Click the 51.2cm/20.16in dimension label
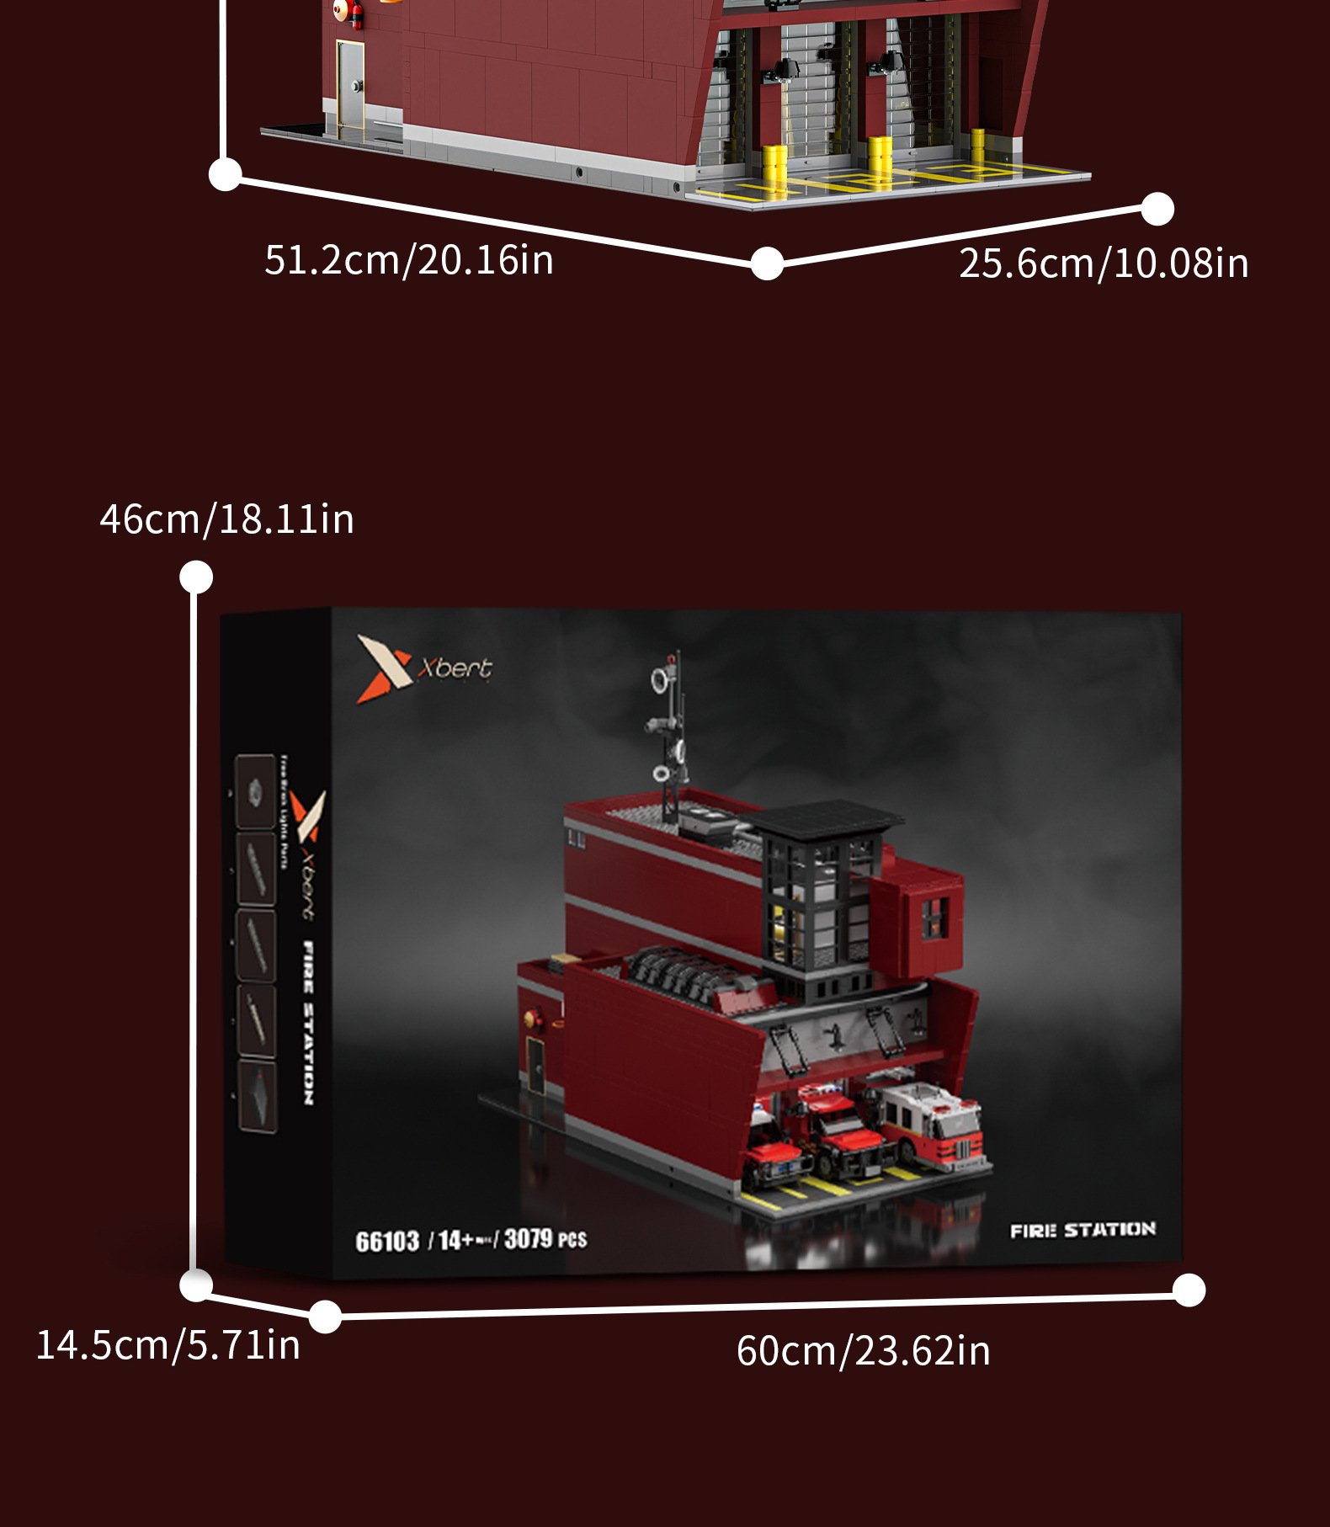(409, 259)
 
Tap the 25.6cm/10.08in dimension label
(1103, 263)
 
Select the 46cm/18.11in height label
(226, 519)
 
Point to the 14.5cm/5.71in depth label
(168, 1344)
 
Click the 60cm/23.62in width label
(863, 1350)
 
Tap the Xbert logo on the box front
(424, 668)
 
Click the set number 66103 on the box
(387, 1242)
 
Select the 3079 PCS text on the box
(545, 1239)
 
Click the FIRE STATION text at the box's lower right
(1083, 1230)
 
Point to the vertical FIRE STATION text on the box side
(308, 1023)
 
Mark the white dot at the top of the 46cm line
(196, 577)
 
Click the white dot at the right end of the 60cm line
(1189, 1290)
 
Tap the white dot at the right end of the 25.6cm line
(1157, 209)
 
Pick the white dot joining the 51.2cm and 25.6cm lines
(767, 263)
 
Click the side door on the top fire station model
(350, 88)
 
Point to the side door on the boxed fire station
(535, 1065)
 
